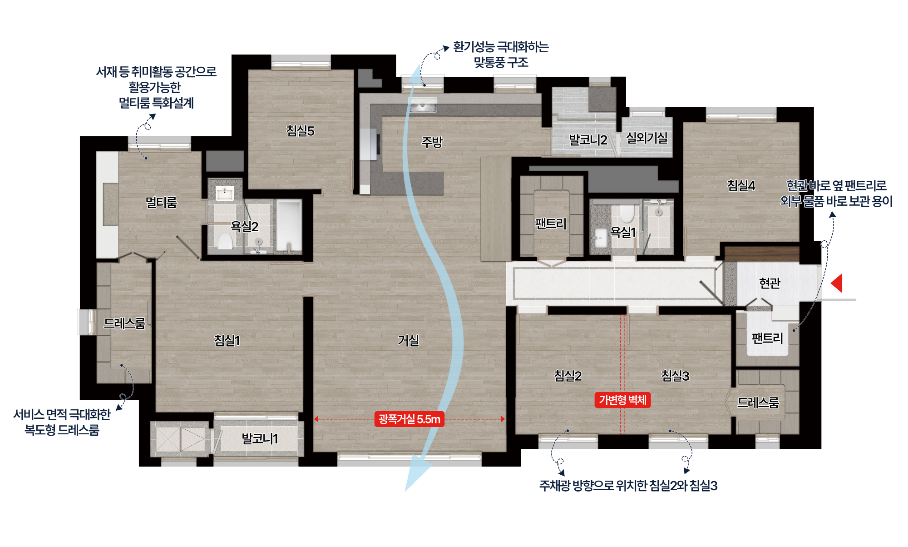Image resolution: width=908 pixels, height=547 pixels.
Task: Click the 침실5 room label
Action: pos(300,131)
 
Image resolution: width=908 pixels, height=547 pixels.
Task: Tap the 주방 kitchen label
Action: pos(432,142)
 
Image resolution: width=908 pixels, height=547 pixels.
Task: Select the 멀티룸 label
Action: pos(161,202)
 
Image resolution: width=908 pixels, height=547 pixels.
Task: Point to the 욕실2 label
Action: pos(244,226)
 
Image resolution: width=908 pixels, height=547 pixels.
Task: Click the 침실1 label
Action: pos(227,340)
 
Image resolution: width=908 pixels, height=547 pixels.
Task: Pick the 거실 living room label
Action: pos(408,340)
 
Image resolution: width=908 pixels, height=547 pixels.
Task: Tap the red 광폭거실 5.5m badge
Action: pos(410,419)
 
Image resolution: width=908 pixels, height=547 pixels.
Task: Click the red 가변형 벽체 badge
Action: pos(622,400)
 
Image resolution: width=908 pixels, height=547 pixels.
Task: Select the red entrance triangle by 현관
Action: pos(837,283)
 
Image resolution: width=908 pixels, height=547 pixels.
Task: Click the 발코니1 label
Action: pos(260,439)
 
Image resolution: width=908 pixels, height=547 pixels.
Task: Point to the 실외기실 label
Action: pos(647,138)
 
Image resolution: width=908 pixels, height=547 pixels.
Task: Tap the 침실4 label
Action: pos(741,185)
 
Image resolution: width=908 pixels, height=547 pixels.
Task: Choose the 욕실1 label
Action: pos(623,232)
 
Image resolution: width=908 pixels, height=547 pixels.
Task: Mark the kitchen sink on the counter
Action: pos(423,105)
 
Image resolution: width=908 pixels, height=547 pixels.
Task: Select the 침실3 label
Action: pos(675,376)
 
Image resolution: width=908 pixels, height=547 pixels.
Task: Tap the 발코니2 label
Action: pos(588,140)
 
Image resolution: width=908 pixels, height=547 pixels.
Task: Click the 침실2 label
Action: pos(567,376)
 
